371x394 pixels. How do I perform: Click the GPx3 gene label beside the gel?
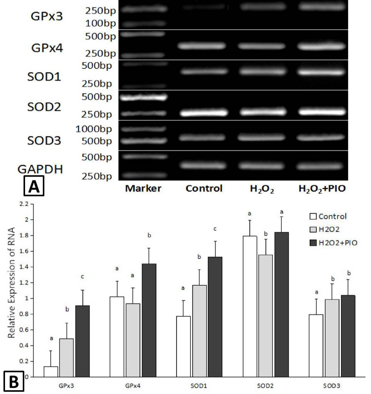point(47,16)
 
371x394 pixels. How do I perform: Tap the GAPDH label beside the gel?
point(40,169)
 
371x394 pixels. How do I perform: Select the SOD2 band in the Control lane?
point(204,113)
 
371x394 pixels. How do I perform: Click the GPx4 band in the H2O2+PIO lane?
point(322,46)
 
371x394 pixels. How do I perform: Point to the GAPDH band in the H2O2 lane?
point(261,166)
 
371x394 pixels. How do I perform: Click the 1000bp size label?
point(93,129)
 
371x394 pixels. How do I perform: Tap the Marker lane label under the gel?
point(143,188)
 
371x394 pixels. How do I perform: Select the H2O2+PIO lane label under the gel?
point(322,189)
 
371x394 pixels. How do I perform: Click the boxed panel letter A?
point(34,186)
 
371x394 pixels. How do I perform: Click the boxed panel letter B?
point(14,381)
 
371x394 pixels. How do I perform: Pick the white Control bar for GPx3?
point(51,372)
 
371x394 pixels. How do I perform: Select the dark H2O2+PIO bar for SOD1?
point(215,317)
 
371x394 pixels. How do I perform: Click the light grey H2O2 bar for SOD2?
point(265,316)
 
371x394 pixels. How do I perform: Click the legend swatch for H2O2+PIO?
point(313,243)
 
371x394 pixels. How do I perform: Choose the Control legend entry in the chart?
point(328,216)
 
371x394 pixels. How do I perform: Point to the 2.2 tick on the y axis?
point(24,204)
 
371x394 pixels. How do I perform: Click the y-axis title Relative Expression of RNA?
point(11,283)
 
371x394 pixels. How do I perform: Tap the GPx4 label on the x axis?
point(133,386)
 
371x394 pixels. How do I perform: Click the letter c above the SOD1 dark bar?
point(215,229)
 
